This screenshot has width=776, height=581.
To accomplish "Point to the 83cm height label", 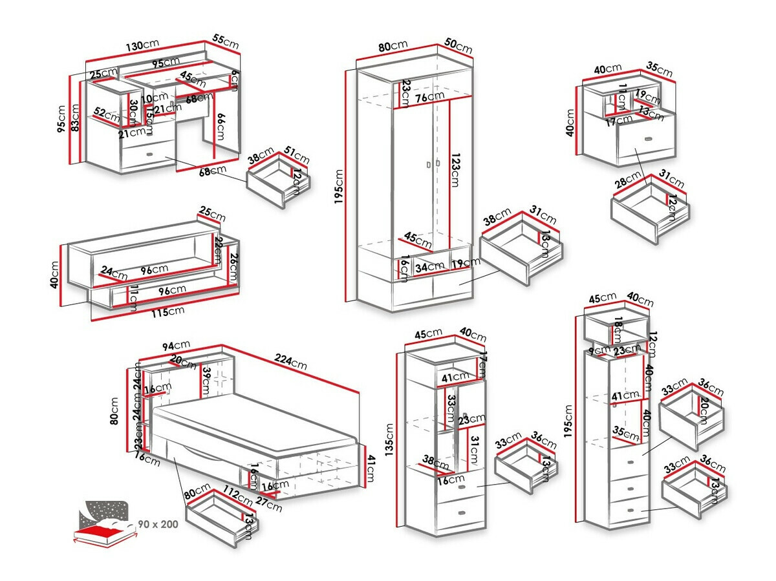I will click(x=74, y=117).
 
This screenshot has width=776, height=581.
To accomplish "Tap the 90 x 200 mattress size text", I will click(x=157, y=524).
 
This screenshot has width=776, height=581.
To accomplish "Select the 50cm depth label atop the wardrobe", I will click(x=458, y=47).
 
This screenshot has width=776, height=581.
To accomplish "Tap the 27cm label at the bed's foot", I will click(x=268, y=503).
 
